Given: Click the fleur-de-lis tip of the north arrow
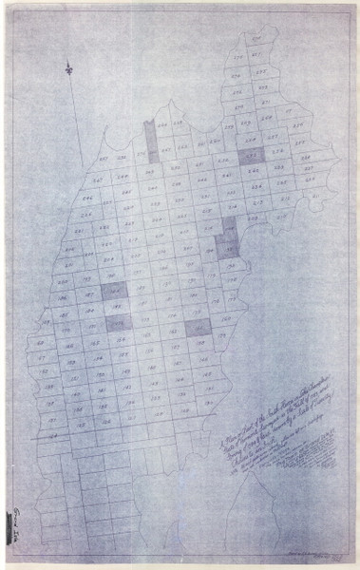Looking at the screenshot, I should (x=69, y=69).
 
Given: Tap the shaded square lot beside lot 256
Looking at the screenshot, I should (x=251, y=155).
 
